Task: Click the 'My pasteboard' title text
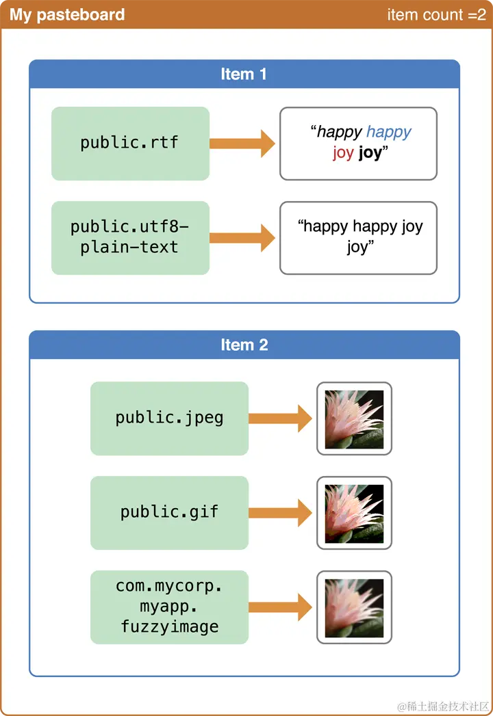click(67, 14)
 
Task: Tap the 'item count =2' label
click(436, 14)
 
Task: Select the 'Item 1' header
click(244, 74)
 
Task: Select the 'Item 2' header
click(244, 345)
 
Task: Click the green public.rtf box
click(130, 144)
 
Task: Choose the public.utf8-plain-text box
click(130, 238)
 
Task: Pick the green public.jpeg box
click(169, 419)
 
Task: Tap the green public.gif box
click(169, 513)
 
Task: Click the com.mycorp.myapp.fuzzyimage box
click(169, 607)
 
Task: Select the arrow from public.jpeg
click(280, 419)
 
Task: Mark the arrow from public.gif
click(280, 513)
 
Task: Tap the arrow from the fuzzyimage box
click(280, 607)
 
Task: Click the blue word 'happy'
click(389, 132)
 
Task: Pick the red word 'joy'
click(343, 153)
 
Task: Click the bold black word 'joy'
click(370, 153)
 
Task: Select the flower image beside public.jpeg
click(354, 419)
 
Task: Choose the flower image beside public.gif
click(354, 513)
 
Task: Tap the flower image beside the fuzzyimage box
click(354, 607)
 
